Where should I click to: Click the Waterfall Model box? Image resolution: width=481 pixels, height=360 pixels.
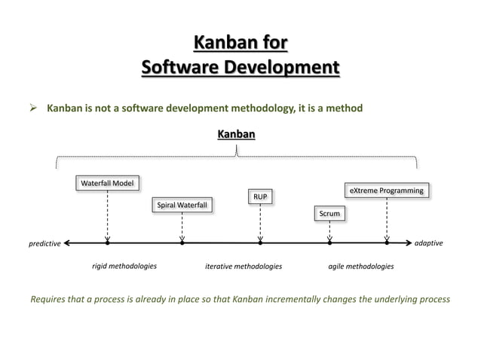[107, 183]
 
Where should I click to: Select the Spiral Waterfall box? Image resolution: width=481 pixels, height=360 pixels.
[182, 205]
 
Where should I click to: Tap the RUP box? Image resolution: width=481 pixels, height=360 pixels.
[260, 197]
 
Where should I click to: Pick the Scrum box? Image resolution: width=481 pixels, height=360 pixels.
[329, 215]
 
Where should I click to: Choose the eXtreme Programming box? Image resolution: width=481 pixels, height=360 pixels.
[387, 191]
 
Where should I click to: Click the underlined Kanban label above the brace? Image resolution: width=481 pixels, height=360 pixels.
[236, 134]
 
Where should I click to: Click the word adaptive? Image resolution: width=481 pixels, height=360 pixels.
[429, 244]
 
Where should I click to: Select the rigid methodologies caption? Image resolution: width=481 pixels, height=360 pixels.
[124, 267]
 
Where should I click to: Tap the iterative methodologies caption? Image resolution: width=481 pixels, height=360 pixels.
[244, 267]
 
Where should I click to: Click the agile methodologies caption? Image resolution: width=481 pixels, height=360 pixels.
[360, 267]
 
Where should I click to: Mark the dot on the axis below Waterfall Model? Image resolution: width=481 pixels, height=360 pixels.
[108, 243]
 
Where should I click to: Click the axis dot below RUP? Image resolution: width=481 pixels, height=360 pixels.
[260, 243]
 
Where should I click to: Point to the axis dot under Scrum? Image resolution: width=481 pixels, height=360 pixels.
[329, 243]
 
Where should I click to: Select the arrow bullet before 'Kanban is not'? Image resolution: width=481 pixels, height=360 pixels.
[34, 108]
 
